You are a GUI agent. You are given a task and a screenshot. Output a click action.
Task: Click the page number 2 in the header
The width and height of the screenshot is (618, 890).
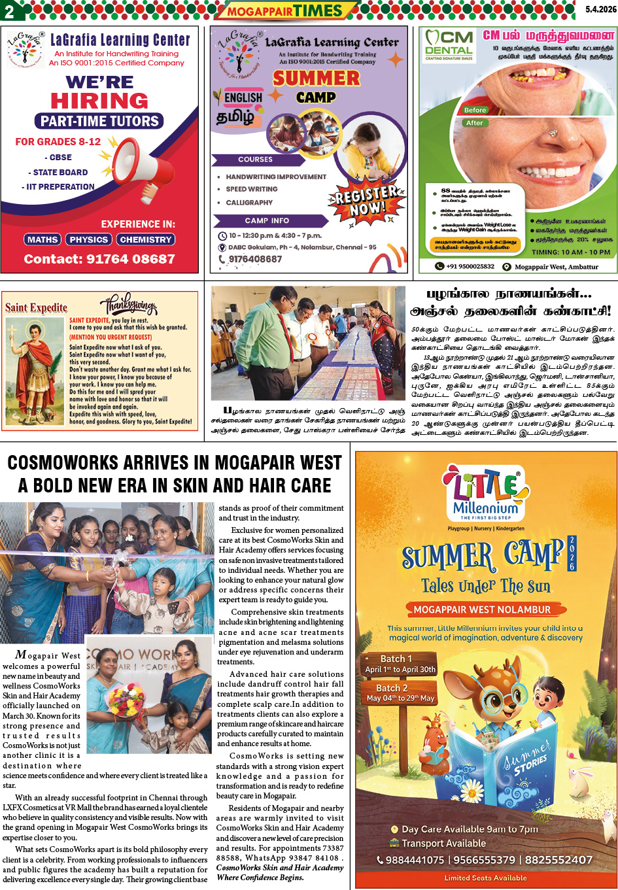coord(9,10)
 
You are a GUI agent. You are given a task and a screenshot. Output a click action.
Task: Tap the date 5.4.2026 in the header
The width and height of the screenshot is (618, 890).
coord(600,9)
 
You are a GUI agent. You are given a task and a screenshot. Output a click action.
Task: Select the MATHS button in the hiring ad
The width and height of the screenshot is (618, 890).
coord(43,239)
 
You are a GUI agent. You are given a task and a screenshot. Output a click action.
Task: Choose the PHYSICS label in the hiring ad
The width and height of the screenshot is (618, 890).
coord(88,239)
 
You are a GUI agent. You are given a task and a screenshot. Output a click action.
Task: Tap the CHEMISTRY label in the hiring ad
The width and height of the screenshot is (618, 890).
coord(145,239)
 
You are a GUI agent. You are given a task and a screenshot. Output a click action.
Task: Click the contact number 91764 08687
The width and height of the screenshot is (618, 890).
coord(99,259)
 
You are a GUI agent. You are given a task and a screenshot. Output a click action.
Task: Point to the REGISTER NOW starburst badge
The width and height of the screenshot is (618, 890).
coord(366,201)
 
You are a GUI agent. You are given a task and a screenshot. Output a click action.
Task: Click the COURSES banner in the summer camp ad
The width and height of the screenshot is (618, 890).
coord(255,160)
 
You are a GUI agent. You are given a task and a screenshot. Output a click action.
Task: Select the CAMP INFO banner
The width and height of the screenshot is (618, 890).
coord(267,220)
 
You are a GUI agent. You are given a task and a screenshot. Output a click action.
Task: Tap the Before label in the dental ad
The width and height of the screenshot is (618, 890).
coord(475,110)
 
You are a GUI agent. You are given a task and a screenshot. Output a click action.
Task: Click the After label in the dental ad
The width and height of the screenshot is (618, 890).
coord(475,123)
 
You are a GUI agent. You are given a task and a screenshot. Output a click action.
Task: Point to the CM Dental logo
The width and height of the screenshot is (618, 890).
coord(449,44)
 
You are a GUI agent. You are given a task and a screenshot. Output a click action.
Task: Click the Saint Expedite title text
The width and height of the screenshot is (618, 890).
coord(36,307)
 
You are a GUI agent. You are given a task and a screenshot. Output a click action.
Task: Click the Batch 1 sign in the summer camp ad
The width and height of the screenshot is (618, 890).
coord(400,664)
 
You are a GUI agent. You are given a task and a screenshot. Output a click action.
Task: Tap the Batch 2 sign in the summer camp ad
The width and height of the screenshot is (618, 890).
coord(400,693)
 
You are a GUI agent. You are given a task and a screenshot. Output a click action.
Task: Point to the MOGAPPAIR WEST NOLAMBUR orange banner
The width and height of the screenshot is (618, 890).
coord(482,609)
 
